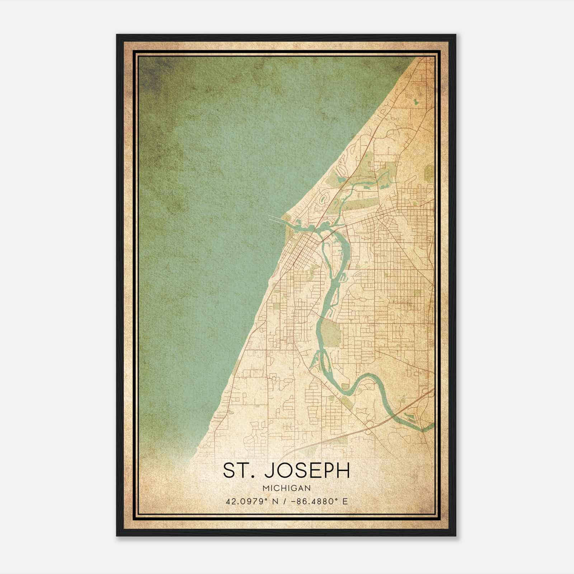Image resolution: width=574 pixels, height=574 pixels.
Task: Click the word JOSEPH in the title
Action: pyautogui.click(x=307, y=470)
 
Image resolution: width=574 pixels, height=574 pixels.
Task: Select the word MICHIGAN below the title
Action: pyautogui.click(x=287, y=488)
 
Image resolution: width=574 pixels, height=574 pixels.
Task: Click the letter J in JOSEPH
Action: pyautogui.click(x=269, y=470)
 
